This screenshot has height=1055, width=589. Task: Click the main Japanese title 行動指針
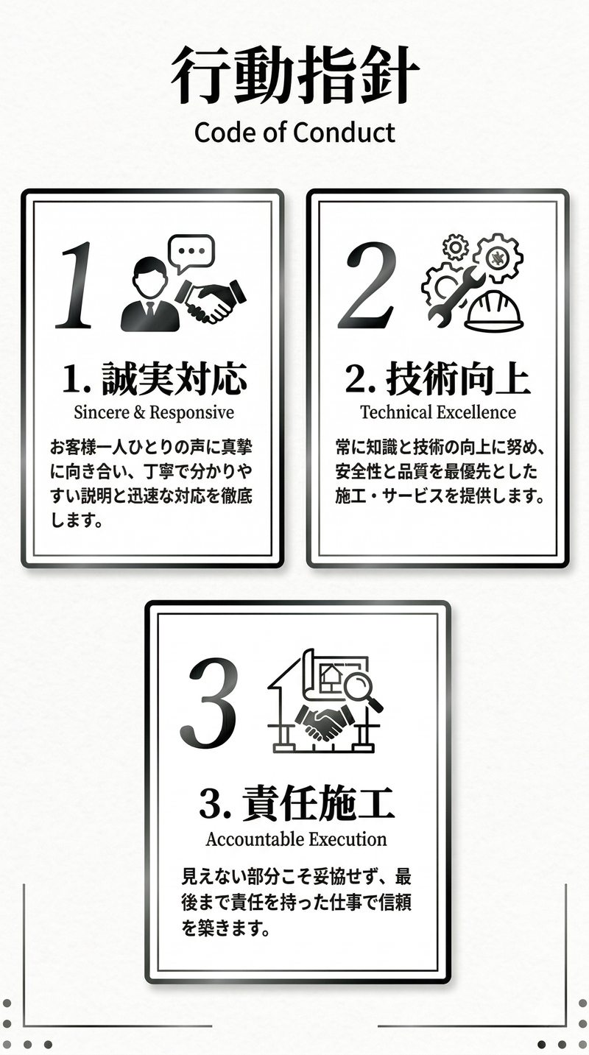coord(294,75)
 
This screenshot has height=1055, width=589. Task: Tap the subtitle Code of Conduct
coord(294,133)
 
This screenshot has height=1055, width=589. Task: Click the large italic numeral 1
coord(75,285)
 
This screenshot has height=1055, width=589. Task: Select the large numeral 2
coord(367,285)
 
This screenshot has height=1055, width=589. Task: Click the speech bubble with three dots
coord(191,253)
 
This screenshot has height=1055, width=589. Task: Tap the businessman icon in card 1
coord(149,294)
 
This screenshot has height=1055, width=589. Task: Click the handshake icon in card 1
coord(211,301)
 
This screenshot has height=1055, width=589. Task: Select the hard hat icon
coord(494,311)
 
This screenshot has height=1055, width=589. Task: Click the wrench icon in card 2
coord(454,297)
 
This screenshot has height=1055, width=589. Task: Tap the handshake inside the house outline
coord(325,722)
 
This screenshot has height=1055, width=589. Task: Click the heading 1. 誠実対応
coord(155,378)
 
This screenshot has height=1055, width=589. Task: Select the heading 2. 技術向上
coord(438,378)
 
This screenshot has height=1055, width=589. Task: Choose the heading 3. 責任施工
coord(297,804)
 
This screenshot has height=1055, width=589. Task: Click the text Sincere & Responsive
coord(154,412)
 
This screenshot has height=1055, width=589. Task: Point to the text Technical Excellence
coord(438,412)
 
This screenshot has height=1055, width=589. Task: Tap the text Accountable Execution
coord(296,839)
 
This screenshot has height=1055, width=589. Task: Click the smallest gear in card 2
coord(455,247)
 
